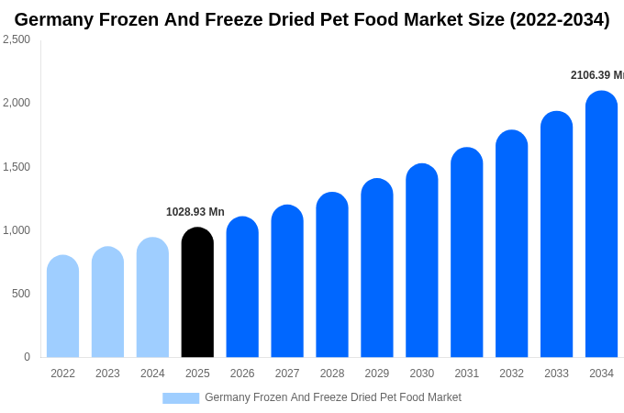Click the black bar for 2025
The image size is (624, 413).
pyautogui.click(x=197, y=293)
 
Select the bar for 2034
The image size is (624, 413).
pyautogui.click(x=601, y=225)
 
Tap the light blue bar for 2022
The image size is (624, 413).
pyautogui.click(x=62, y=307)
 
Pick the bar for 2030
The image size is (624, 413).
pyautogui.click(x=422, y=261)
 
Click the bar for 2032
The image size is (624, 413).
pyautogui.click(x=511, y=244)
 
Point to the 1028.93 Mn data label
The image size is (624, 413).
pyautogui.click(x=195, y=212)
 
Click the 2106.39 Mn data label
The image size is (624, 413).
pyautogui.click(x=597, y=75)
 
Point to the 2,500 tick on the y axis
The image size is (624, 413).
pyautogui.click(x=17, y=39)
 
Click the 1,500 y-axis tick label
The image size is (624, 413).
pyautogui.click(x=17, y=167)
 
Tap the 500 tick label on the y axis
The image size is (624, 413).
pyautogui.click(x=20, y=294)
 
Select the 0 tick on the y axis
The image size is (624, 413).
pyautogui.click(x=27, y=357)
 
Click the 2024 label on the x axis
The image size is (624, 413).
pyautogui.click(x=152, y=374)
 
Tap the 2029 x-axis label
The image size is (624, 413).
pyautogui.click(x=377, y=374)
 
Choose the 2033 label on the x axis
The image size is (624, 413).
pyautogui.click(x=556, y=374)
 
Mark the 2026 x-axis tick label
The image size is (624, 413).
pyautogui.click(x=242, y=374)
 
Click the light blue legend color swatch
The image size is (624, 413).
pyautogui.click(x=181, y=398)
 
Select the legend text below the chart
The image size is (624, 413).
pyautogui.click(x=333, y=397)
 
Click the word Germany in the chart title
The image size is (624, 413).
pyautogui.click(x=54, y=19)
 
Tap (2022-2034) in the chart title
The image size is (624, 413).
pyautogui.click(x=559, y=19)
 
